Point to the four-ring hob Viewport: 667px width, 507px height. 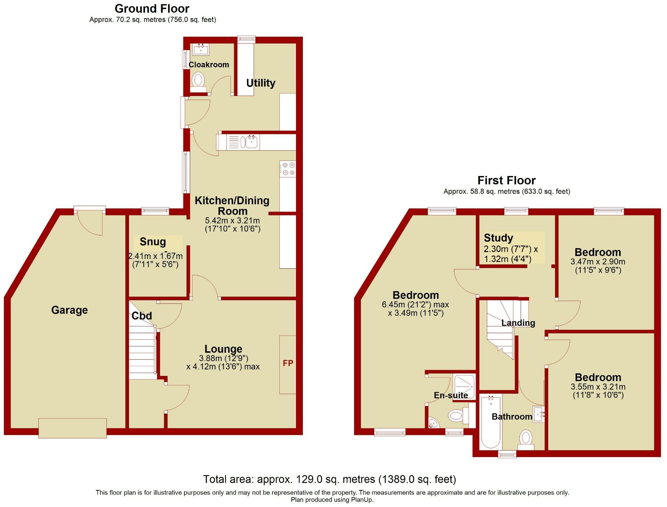[x=288, y=169]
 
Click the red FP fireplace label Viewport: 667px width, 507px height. [x=288, y=363]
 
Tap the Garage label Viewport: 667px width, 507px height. [x=70, y=310]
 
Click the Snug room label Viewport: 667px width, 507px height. [x=153, y=242]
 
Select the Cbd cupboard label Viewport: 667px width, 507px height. [x=142, y=316]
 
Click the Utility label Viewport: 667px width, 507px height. [x=260, y=83]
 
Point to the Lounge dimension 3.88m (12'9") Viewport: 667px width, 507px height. [x=223, y=358]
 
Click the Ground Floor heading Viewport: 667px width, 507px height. [x=152, y=8]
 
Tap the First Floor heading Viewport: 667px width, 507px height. [x=506, y=180]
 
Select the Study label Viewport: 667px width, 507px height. [x=499, y=238]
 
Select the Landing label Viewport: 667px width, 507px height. [x=518, y=323]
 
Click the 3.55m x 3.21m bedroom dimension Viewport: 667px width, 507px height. [x=598, y=386]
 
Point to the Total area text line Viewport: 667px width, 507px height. [x=330, y=479]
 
